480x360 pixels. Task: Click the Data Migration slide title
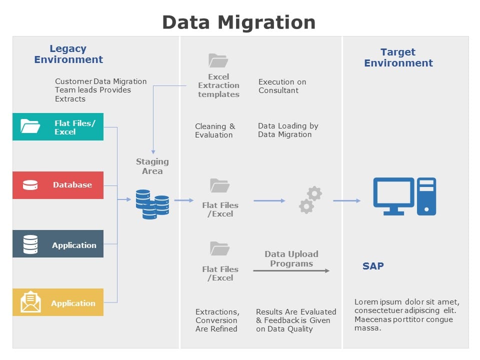[239, 22]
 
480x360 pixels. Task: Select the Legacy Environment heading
[68, 54]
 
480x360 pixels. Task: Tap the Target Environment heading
[398, 57]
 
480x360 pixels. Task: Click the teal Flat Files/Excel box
[58, 126]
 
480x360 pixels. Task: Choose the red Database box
[58, 185]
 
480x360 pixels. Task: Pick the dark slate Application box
[58, 244]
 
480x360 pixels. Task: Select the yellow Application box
[58, 302]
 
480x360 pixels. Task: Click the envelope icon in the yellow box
[30, 302]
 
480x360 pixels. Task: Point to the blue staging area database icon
[152, 204]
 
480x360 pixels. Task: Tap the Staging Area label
[152, 166]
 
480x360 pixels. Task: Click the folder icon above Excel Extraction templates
[218, 60]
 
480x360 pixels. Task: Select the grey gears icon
[310, 200]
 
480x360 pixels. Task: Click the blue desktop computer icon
[404, 196]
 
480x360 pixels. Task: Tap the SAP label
[373, 266]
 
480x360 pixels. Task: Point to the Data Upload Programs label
[291, 258]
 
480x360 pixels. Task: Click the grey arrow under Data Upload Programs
[291, 270]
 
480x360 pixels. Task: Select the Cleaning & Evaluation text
[215, 130]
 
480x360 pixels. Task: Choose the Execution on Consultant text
[282, 86]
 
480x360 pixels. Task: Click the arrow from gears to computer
[346, 200]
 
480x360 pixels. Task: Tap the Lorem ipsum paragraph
[406, 314]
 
